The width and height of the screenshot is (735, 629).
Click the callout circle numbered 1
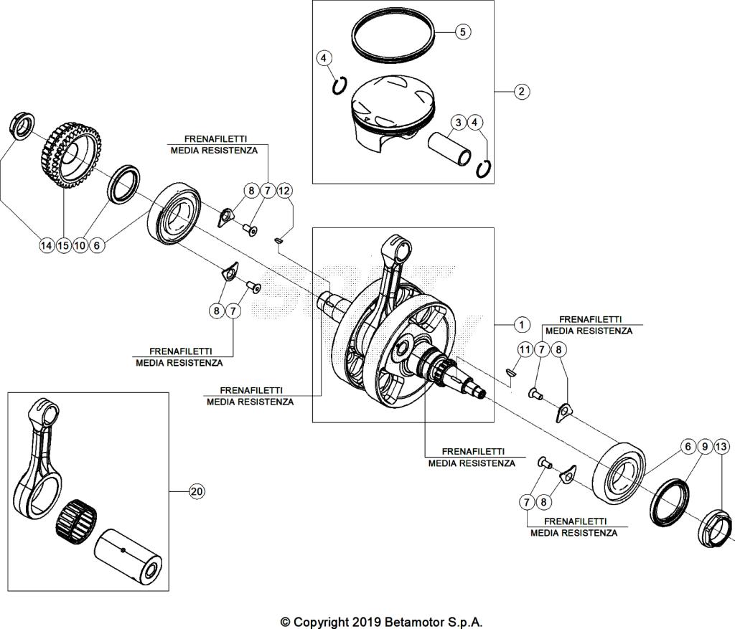click(x=522, y=324)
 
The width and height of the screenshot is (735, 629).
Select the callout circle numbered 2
click(x=522, y=91)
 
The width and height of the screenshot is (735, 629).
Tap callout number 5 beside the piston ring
click(x=462, y=32)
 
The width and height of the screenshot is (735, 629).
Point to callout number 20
click(x=196, y=491)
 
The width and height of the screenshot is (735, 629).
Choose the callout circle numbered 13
click(x=721, y=447)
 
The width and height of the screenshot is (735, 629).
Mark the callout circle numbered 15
click(x=63, y=245)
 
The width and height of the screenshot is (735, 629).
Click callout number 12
click(x=285, y=191)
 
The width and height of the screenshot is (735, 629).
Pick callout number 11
click(x=525, y=349)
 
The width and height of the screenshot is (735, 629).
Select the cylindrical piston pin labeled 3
click(x=449, y=146)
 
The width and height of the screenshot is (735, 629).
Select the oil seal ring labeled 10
click(x=125, y=184)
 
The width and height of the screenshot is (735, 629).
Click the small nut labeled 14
click(x=21, y=124)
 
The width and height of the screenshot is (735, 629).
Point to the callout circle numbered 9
click(x=705, y=447)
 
